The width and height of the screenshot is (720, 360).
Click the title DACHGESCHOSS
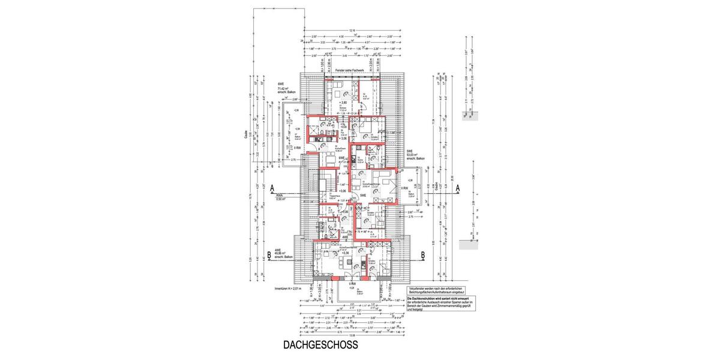(320, 345)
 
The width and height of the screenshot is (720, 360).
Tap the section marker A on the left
(272, 187)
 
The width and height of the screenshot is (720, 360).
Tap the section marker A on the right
(457, 187)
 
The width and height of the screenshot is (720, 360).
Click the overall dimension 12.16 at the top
(352, 30)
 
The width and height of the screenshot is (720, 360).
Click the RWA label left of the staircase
(279, 195)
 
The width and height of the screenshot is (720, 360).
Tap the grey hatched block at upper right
(469, 116)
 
